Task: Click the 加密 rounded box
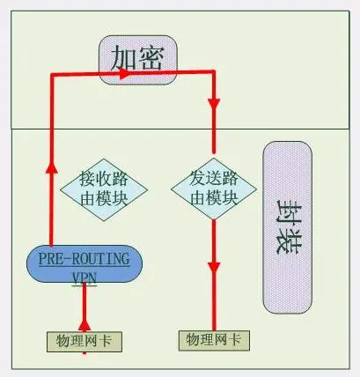(138, 60)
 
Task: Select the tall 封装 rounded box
(288, 227)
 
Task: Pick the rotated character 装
(289, 242)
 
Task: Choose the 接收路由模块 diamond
(104, 189)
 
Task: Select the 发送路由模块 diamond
(214, 188)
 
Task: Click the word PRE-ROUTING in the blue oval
(84, 259)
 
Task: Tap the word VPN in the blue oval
(84, 277)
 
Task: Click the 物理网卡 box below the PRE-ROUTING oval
(84, 342)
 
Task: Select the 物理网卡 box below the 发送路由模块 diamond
(214, 341)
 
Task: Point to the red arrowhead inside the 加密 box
(125, 73)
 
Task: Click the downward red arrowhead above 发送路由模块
(214, 104)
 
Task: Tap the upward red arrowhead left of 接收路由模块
(52, 169)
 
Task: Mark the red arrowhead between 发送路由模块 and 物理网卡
(214, 268)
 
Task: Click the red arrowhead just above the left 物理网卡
(84, 325)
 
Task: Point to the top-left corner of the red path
(52, 75)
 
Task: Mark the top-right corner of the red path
(214, 72)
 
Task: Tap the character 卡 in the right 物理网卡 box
(235, 340)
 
